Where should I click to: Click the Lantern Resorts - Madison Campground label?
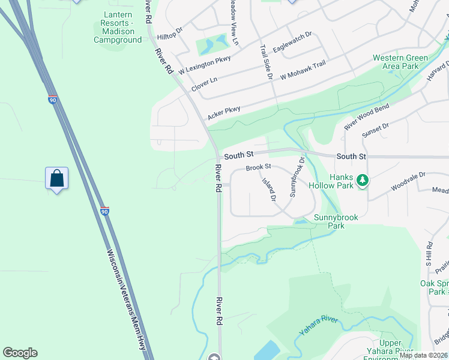(118, 26)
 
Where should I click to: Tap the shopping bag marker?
(56, 178)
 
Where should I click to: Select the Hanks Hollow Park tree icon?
(362, 180)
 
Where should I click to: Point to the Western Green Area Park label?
(400, 62)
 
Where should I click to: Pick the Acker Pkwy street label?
(224, 112)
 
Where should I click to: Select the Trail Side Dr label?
(266, 62)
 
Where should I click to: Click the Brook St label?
(259, 166)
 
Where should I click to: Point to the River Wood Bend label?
(366, 117)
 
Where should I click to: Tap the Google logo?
(20, 353)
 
